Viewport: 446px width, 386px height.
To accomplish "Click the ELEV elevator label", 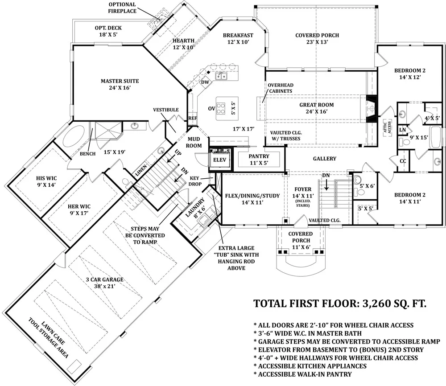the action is pyautogui.click(x=219, y=160).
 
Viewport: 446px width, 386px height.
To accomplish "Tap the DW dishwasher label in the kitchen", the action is pyautogui.click(x=205, y=82).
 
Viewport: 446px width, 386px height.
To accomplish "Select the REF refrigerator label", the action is pyautogui.click(x=193, y=118).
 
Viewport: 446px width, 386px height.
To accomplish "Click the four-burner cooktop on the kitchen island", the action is pyautogui.click(x=221, y=109).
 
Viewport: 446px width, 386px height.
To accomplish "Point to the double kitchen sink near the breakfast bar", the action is pyautogui.click(x=221, y=76).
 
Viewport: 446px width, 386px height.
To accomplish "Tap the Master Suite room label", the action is pyautogui.click(x=120, y=84).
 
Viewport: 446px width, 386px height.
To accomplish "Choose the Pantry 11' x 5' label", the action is pyautogui.click(x=259, y=160).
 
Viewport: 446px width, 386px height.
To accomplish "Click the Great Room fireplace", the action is pyautogui.click(x=371, y=108).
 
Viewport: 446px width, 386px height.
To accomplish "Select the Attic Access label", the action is pyautogui.click(x=387, y=127).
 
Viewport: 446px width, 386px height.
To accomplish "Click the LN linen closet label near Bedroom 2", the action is pyautogui.click(x=402, y=130).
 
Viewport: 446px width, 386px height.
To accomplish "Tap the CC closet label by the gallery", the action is pyautogui.click(x=403, y=161).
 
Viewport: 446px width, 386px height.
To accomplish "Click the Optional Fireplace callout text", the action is pyautogui.click(x=122, y=8).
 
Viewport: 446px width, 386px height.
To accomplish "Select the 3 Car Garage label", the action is pyautogui.click(x=105, y=283).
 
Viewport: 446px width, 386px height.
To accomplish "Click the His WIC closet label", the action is pyautogui.click(x=46, y=181).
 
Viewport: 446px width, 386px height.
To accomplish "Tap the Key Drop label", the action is pyautogui.click(x=195, y=181).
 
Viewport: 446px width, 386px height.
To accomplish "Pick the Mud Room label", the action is pyautogui.click(x=194, y=142).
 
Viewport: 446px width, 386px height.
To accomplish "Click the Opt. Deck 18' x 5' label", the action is pyautogui.click(x=108, y=31).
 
